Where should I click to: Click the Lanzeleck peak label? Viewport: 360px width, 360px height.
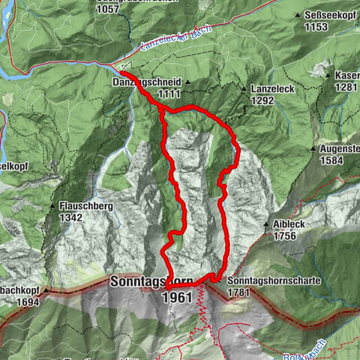[274, 88]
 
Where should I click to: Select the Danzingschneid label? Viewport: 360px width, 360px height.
[147, 81]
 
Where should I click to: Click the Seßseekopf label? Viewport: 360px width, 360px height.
[331, 15]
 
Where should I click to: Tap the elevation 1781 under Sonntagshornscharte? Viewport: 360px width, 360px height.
[239, 292]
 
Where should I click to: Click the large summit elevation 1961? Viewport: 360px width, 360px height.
[177, 297]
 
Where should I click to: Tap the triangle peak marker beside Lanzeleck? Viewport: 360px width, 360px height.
[244, 88]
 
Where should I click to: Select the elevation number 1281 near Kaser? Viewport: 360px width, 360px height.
[347, 87]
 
